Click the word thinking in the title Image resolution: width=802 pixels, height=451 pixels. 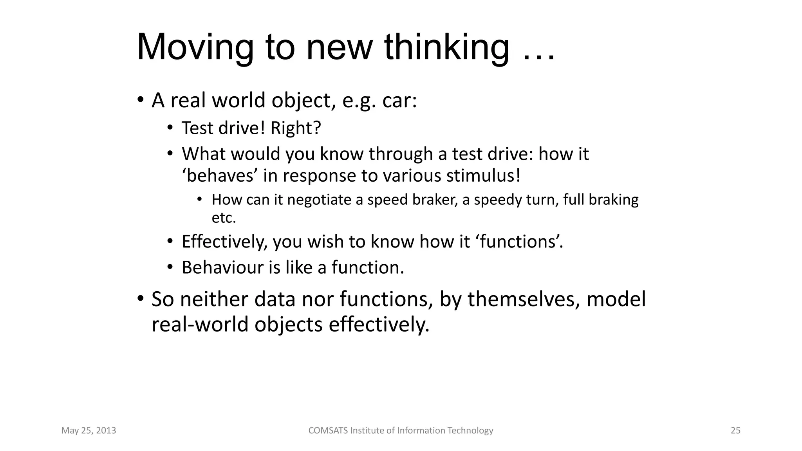click(446, 48)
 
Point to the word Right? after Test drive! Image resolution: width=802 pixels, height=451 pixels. click(296, 128)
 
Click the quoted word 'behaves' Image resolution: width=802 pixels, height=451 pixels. click(219, 176)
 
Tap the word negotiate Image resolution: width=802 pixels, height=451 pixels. click(319, 200)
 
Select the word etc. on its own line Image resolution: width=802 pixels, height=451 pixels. click(224, 218)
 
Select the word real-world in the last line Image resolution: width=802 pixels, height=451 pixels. click(200, 325)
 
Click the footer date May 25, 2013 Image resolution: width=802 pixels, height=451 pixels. click(89, 431)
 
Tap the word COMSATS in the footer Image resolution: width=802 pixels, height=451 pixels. click(328, 431)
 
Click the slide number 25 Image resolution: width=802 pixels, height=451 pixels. click(735, 431)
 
